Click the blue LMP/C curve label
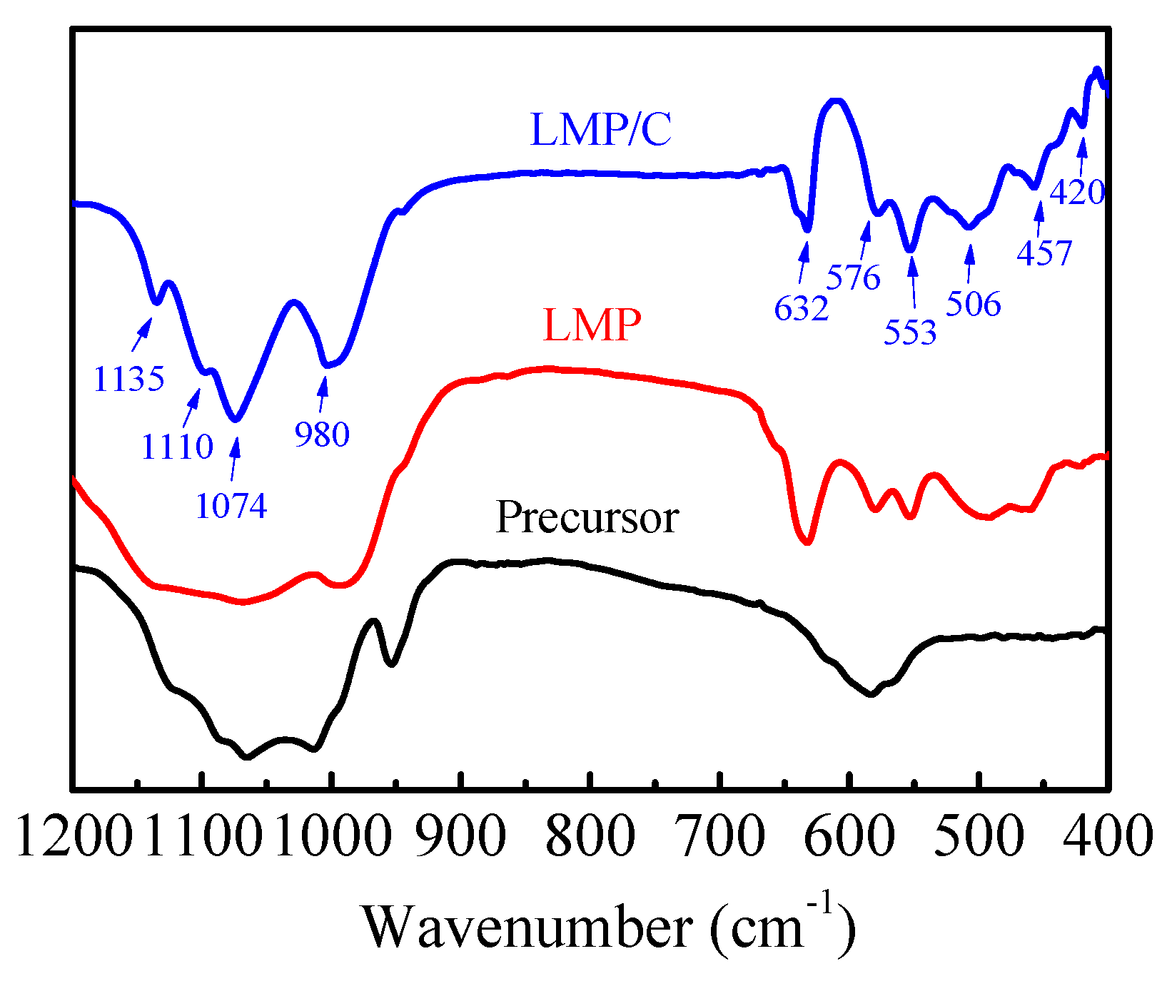pyautogui.click(x=600, y=130)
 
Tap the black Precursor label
pyautogui.click(x=587, y=517)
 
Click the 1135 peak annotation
pyautogui.click(x=129, y=379)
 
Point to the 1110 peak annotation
pyautogui.click(x=177, y=447)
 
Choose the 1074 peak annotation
pyautogui.click(x=231, y=507)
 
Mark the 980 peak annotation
pyautogui.click(x=322, y=434)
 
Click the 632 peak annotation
pyautogui.click(x=801, y=309)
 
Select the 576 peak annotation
pyautogui.click(x=853, y=277)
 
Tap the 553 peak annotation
pyautogui.click(x=909, y=332)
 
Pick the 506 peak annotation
pyautogui.click(x=974, y=304)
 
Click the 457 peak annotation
pyautogui.click(x=1044, y=253)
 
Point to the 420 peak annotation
pyautogui.click(x=1077, y=192)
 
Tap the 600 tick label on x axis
pyautogui.click(x=849, y=835)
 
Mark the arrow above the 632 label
pyautogui.click(x=804, y=263)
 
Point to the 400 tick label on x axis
pyautogui.click(x=1107, y=835)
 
